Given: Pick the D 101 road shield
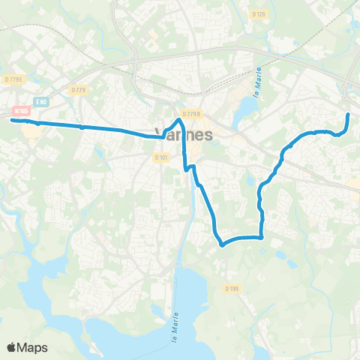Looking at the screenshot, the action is (x=162, y=157).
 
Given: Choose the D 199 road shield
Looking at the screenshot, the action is (x=231, y=289).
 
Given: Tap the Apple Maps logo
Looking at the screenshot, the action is (x=27, y=347).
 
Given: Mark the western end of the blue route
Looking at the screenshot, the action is (x=12, y=119).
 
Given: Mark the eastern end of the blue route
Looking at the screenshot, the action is (x=349, y=114).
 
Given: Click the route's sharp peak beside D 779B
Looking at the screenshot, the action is (x=179, y=119).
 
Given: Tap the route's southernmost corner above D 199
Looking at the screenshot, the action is (x=221, y=244).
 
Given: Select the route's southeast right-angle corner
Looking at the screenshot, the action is (x=262, y=237).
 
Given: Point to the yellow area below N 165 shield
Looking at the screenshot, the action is (x=32, y=131).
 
